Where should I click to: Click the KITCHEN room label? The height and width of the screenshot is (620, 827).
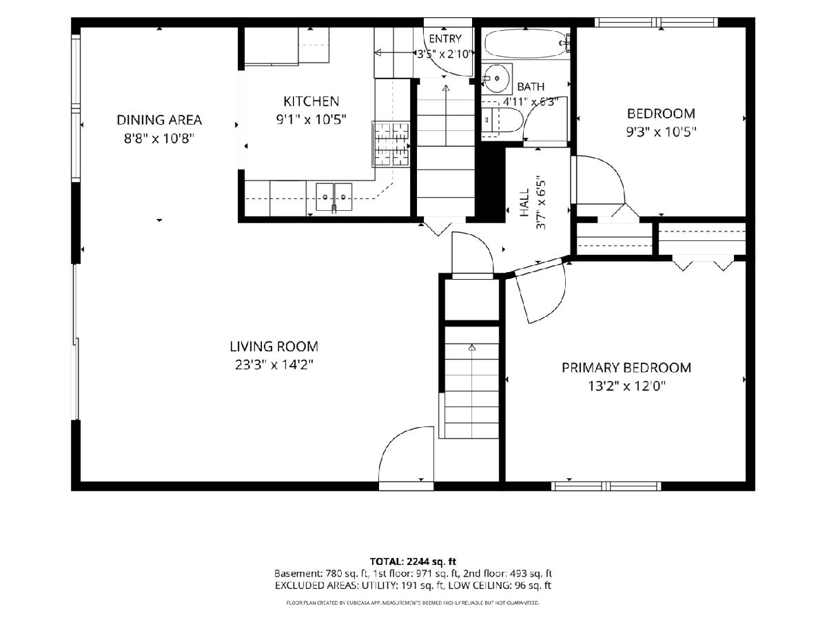(312, 101)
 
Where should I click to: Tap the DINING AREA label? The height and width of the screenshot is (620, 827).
(159, 120)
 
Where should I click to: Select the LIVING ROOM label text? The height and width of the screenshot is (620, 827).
(274, 347)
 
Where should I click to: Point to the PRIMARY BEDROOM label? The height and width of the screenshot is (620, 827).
(626, 367)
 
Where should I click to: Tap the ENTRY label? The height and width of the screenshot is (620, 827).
(445, 39)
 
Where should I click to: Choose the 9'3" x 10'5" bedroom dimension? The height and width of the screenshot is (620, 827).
(661, 132)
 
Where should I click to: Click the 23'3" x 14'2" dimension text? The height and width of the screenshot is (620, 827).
(274, 365)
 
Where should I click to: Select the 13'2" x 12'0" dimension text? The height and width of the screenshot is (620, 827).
(627, 386)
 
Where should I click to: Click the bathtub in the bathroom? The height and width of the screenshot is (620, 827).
(527, 44)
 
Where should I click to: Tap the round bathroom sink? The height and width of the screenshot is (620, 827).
(497, 79)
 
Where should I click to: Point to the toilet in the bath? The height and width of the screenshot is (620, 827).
(502, 120)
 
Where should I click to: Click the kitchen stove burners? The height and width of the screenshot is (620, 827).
(391, 144)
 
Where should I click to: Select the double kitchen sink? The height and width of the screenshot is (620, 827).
(334, 196)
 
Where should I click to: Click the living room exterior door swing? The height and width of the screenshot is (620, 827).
(406, 454)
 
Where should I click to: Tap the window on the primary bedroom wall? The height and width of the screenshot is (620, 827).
(606, 486)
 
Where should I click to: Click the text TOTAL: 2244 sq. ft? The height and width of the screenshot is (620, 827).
(413, 561)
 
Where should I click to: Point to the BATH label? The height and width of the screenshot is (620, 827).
(531, 87)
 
